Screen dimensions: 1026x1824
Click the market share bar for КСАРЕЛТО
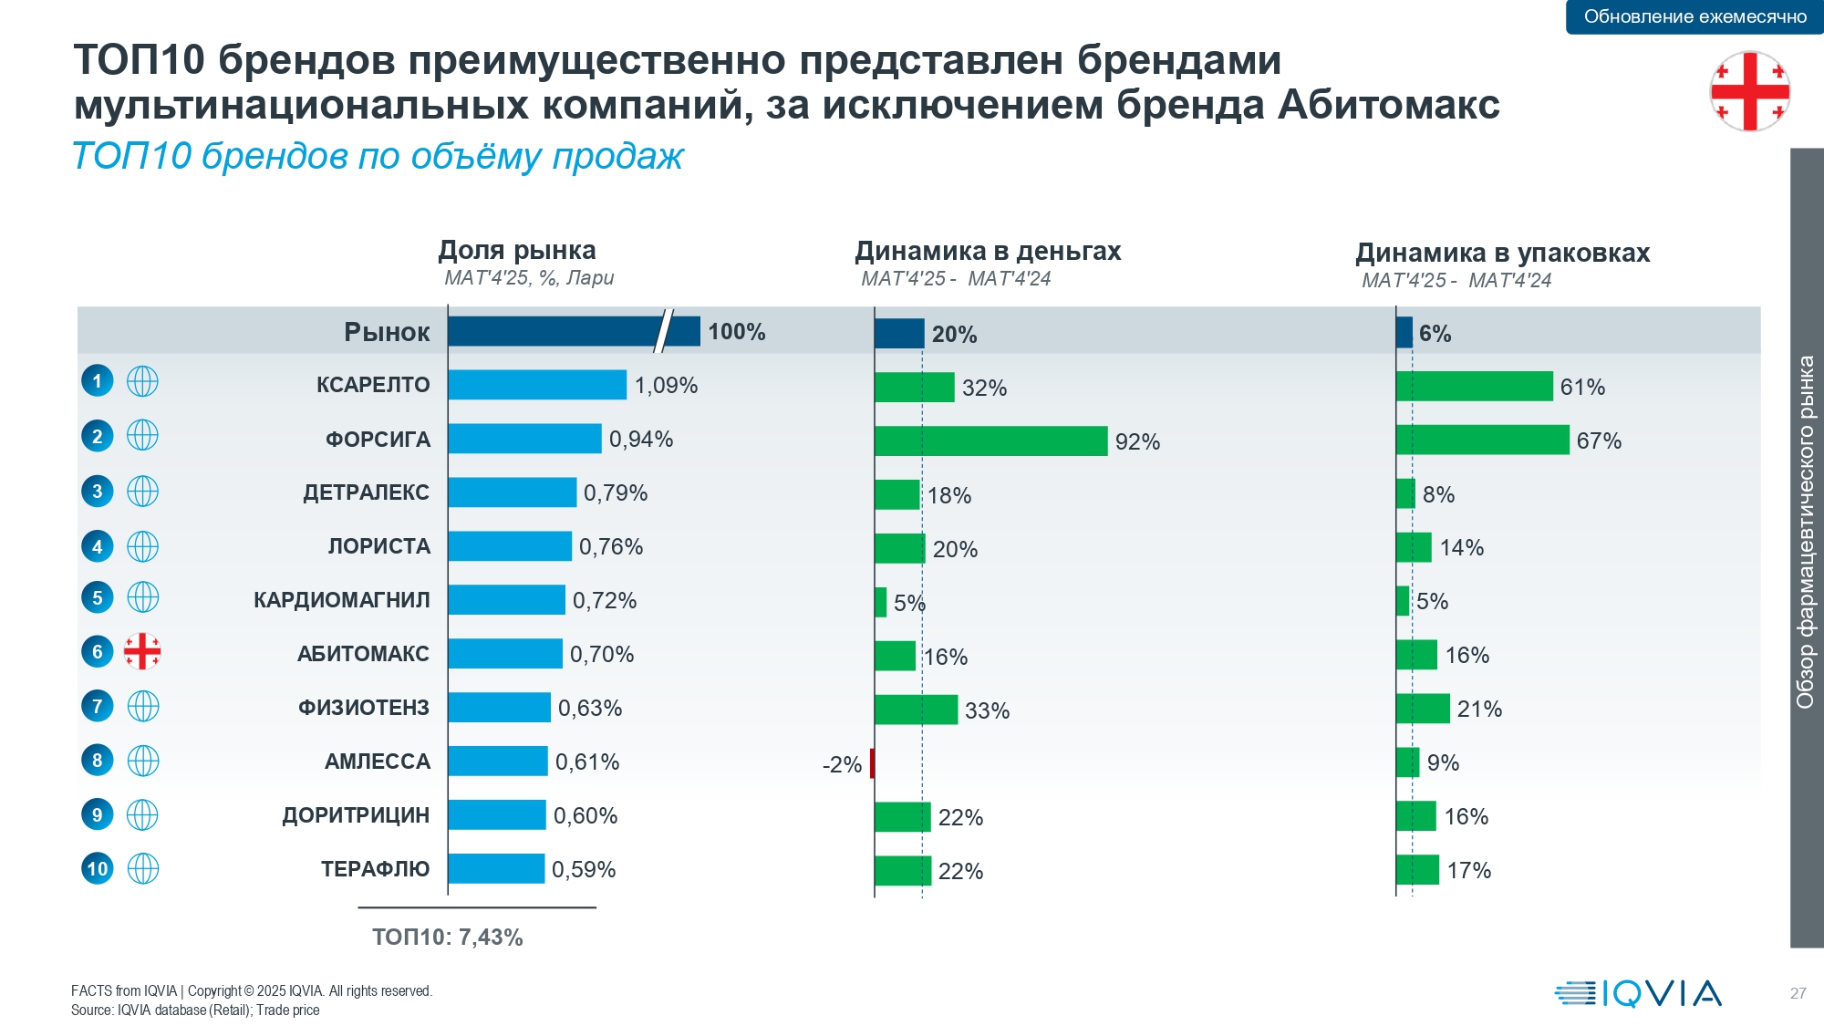click(537, 385)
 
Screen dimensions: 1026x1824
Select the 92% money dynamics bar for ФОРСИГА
click(990, 441)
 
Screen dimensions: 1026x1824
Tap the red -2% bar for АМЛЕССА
click(872, 763)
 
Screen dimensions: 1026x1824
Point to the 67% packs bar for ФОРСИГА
click(1482, 440)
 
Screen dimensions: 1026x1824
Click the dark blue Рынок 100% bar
click(574, 332)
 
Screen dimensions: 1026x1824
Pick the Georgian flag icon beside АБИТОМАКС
click(142, 651)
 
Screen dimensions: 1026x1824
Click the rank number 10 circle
click(98, 868)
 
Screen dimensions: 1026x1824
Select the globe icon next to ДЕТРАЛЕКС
click(142, 492)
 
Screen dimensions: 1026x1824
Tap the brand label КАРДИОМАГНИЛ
click(342, 600)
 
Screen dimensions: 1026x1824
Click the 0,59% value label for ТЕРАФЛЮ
click(584, 870)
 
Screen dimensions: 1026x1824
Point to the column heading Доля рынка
click(517, 250)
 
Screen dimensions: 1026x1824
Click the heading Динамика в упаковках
click(1502, 253)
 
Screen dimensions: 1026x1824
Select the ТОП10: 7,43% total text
click(447, 937)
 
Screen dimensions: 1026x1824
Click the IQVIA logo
click(1638, 993)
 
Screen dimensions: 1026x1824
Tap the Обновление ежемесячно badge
click(1694, 16)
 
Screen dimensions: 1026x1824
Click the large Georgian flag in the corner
click(1749, 91)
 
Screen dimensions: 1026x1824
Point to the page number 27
click(1798, 993)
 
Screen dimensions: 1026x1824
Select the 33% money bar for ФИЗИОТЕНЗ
click(916, 710)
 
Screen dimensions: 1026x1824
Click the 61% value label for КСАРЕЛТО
click(1582, 387)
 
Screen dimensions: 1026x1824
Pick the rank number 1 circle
click(98, 380)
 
